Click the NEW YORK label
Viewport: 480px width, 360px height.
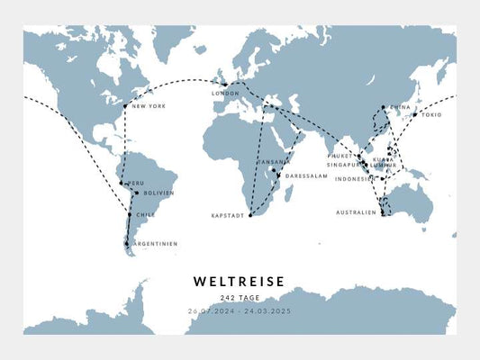point(149,107)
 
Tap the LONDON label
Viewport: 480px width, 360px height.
point(224,94)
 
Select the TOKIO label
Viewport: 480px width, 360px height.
point(430,115)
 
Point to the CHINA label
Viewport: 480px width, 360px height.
point(400,107)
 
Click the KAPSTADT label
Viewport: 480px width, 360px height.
point(228,216)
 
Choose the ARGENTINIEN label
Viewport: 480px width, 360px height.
point(155,244)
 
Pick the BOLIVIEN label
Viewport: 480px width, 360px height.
point(158,193)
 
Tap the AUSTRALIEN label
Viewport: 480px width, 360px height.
point(357,213)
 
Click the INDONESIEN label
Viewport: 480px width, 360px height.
point(355,179)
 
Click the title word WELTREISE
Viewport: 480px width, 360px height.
point(240,282)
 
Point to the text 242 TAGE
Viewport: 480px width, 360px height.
point(240,298)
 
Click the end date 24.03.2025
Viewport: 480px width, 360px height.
point(267,310)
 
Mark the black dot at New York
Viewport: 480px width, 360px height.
point(125,106)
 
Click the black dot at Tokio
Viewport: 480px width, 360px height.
point(414,114)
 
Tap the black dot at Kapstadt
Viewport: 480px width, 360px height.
point(250,216)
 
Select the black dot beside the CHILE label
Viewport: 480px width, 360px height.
point(130,215)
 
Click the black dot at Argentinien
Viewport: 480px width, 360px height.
point(127,243)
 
